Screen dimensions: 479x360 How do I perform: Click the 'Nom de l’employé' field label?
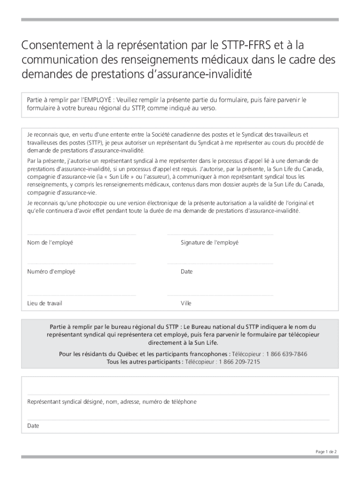pyautogui.click(x=50, y=242)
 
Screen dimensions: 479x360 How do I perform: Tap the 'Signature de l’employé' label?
pyautogui.click(x=209, y=242)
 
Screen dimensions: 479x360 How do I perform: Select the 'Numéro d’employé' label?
pyautogui.click(x=51, y=271)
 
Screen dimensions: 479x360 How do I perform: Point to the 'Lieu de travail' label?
pyautogui.click(x=44, y=303)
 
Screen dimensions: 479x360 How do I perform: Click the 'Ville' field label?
pyautogui.click(x=186, y=303)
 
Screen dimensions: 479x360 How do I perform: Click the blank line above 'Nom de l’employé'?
pyautogui.click(x=81, y=234)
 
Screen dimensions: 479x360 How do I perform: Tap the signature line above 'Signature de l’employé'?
pyautogui.click(x=220, y=234)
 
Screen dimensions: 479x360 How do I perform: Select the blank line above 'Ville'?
pyautogui.click(x=220, y=295)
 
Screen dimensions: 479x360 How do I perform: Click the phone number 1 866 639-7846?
pyautogui.click(x=286, y=354)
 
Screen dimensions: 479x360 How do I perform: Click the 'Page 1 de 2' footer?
pyautogui.click(x=326, y=451)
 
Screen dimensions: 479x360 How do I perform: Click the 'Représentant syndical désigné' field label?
pyautogui.click(x=65, y=402)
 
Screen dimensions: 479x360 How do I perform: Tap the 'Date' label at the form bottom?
pyautogui.click(x=33, y=426)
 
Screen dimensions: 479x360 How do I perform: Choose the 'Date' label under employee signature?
pyautogui.click(x=187, y=271)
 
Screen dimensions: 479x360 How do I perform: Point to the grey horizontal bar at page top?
pyautogui.click(x=180, y=20)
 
